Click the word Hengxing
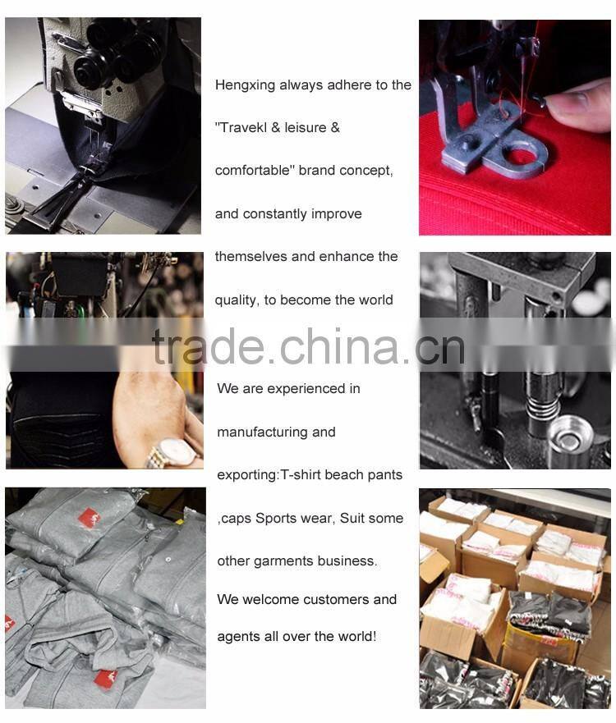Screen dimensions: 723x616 pos(245,85)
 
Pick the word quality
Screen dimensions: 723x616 pos(237,300)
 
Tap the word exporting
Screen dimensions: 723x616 pos(247,475)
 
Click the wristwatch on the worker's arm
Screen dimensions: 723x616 pos(173,452)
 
